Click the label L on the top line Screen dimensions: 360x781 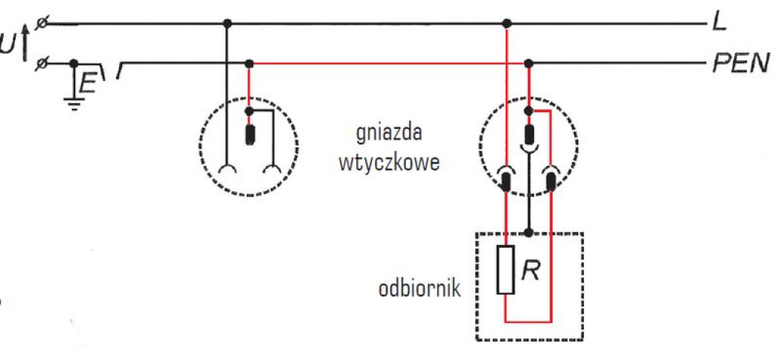click(x=719, y=23)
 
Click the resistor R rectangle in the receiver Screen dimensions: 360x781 click(x=506, y=269)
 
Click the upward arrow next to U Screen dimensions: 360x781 click(x=26, y=43)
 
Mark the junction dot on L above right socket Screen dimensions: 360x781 click(x=507, y=24)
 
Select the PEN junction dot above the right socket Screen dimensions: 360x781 click(x=529, y=63)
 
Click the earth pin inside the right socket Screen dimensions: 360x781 click(x=529, y=135)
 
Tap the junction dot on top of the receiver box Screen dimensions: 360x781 click(x=529, y=233)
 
